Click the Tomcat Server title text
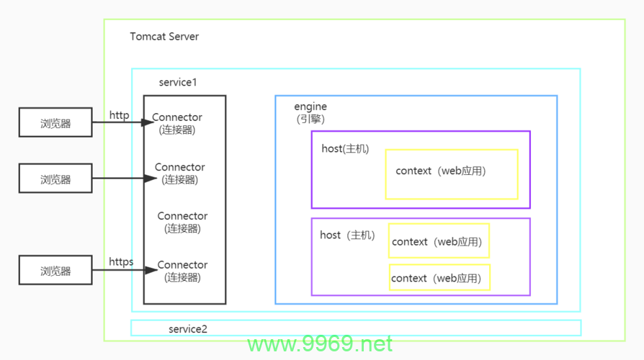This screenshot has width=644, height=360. pyautogui.click(x=164, y=37)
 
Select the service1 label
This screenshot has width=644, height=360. pyautogui.click(x=178, y=82)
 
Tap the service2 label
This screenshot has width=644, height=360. pyautogui.click(x=188, y=329)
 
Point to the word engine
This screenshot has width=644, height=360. pyautogui.click(x=310, y=107)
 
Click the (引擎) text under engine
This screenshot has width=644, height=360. pyautogui.click(x=310, y=119)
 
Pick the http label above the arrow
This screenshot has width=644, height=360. pyautogui.click(x=119, y=115)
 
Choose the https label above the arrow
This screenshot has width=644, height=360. pyautogui.click(x=121, y=261)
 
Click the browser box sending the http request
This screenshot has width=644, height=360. pyautogui.click(x=55, y=122)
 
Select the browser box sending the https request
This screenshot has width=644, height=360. pyautogui.click(x=55, y=270)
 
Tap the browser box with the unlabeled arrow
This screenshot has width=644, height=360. pyautogui.click(x=55, y=178)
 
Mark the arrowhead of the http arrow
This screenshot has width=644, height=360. pyautogui.click(x=148, y=122)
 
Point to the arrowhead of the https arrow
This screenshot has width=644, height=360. pyautogui.click(x=151, y=270)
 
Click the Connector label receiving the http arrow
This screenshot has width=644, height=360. pyautogui.click(x=177, y=123)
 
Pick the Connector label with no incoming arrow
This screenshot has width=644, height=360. pyautogui.click(x=182, y=222)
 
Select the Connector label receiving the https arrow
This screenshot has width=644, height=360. pyautogui.click(x=182, y=271)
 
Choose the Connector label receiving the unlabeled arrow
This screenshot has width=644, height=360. pyautogui.click(x=180, y=174)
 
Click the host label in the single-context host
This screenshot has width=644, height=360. pyautogui.click(x=345, y=148)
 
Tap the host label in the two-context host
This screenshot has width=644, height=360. pyautogui.click(x=347, y=235)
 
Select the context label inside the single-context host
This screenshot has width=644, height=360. pyautogui.click(x=441, y=171)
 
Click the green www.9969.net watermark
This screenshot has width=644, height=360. pyautogui.click(x=320, y=343)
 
